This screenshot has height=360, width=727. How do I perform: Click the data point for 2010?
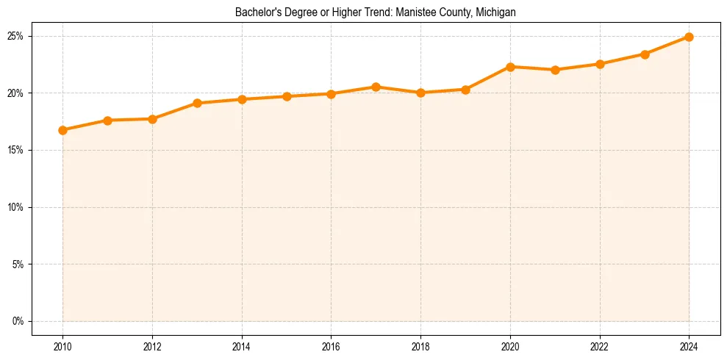[62, 130]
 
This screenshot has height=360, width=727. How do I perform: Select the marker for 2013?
[197, 103]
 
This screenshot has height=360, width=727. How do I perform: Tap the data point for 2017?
[376, 87]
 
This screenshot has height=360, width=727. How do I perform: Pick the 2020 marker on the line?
[510, 67]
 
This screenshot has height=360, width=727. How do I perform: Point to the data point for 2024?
[689, 37]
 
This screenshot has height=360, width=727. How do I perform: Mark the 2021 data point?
[555, 70]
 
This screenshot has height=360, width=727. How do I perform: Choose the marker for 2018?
[420, 93]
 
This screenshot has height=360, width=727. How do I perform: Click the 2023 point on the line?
[645, 54]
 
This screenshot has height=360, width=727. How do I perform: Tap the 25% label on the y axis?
[16, 36]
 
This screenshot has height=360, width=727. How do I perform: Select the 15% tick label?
[16, 150]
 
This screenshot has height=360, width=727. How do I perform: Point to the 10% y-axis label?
[16, 207]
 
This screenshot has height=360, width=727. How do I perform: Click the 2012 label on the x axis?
[152, 345]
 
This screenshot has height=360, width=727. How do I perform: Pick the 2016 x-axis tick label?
[331, 345]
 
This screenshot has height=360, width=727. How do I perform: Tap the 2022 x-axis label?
[600, 345]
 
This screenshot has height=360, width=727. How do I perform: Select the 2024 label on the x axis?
[689, 345]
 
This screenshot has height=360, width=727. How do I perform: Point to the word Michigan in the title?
[496, 12]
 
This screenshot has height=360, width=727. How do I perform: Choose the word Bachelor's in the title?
[254, 12]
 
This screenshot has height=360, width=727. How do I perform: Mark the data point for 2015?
[287, 96]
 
